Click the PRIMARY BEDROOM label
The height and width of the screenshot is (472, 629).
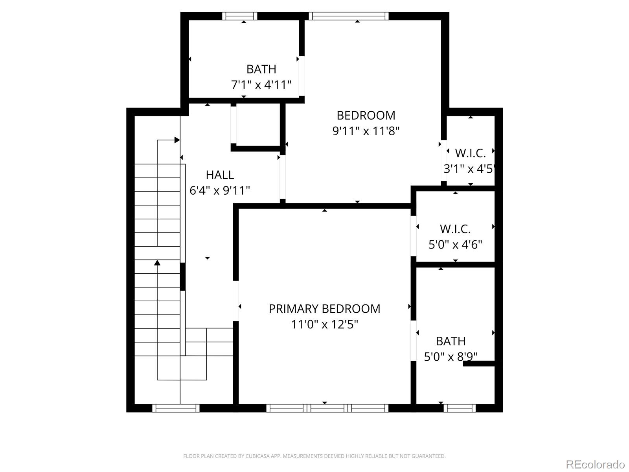tap(324, 309)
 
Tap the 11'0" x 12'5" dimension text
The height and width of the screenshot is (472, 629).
tap(324, 324)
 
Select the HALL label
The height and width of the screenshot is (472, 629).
tap(220, 175)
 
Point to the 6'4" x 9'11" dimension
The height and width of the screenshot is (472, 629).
tap(220, 190)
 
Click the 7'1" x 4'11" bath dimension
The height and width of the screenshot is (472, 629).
tap(261, 85)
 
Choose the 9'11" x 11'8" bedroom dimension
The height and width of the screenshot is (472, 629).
tap(366, 131)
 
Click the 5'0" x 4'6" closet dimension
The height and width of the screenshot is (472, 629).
tap(455, 245)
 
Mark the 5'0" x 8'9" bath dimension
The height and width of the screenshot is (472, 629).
tap(451, 357)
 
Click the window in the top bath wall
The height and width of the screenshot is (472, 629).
tap(239, 16)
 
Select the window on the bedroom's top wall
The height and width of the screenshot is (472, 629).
tap(349, 16)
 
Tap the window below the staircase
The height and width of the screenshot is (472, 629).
tap(176, 408)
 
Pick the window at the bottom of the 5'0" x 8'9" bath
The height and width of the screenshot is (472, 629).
tap(460, 408)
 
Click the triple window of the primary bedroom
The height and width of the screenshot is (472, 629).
tap(327, 408)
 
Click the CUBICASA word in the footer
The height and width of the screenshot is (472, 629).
tap(258, 456)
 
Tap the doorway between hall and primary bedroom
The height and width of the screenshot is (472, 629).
tap(236, 301)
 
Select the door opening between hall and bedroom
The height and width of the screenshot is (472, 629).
tap(283, 177)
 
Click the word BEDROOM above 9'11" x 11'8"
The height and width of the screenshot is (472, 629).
tap(366, 115)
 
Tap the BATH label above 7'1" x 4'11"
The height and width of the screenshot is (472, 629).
tap(261, 69)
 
